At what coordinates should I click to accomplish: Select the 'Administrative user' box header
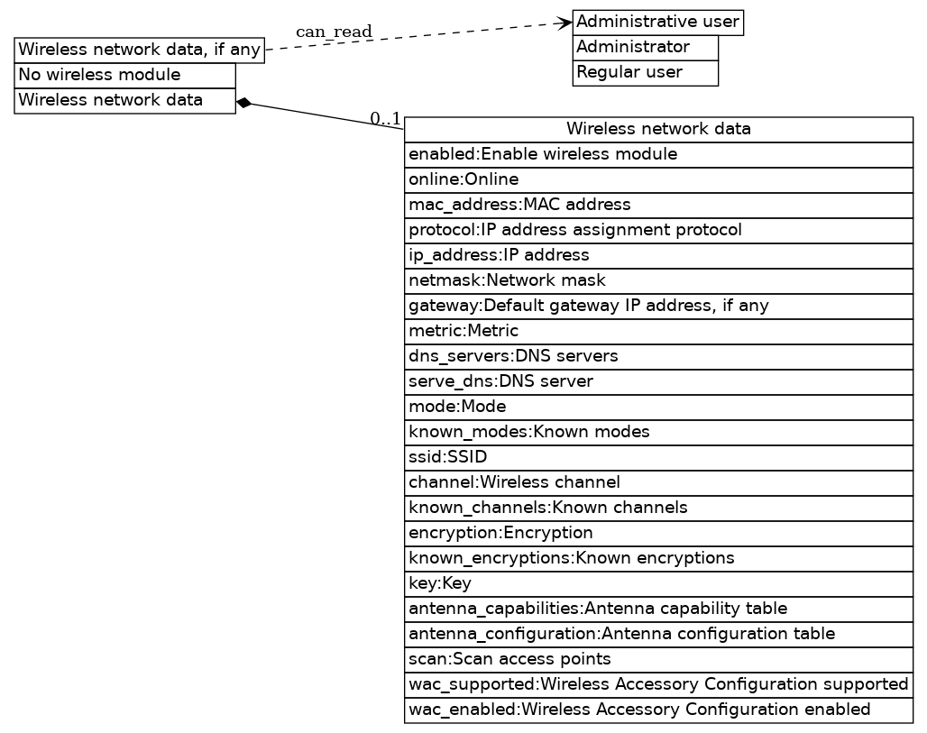657,22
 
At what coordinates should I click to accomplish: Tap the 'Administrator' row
645,47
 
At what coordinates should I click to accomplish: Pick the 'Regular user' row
645,72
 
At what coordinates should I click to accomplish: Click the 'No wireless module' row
124,75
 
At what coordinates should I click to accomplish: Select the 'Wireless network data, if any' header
140,50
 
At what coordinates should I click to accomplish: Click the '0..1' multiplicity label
385,118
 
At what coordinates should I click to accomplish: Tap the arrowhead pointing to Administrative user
566,22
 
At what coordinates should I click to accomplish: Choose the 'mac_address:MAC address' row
658,205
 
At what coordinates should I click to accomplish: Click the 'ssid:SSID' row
658,457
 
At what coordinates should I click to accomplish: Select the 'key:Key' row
658,583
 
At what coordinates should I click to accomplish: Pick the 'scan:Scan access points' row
658,659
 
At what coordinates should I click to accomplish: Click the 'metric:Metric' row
658,331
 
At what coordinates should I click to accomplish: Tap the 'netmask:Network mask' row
658,280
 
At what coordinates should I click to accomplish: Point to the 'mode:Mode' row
658,407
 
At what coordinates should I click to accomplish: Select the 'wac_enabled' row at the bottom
658,710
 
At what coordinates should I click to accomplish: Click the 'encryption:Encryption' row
658,533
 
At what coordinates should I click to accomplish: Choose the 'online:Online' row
658,179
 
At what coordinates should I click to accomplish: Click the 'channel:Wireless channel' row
658,482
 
